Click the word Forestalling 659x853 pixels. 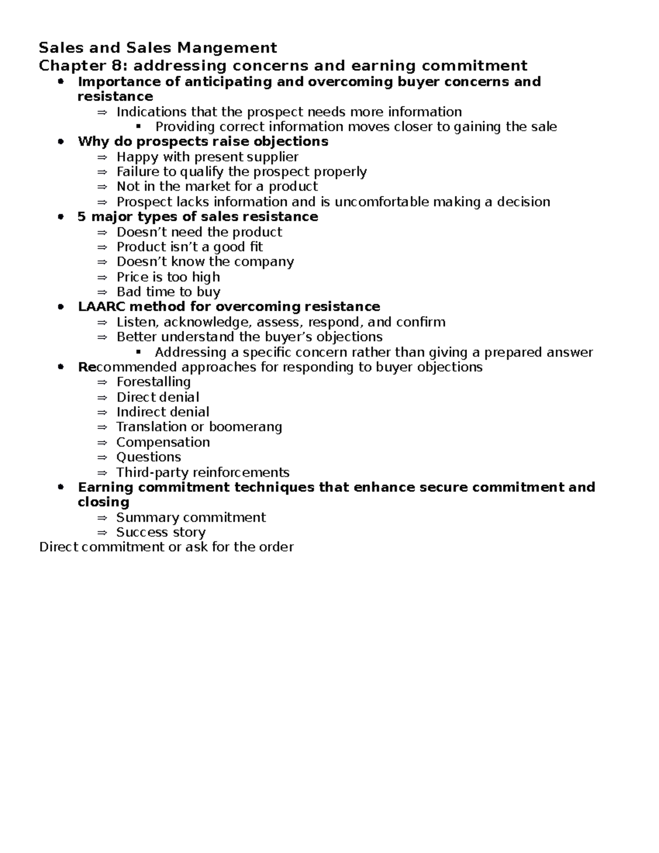(153, 382)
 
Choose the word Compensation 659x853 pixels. (163, 442)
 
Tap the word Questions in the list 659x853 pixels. (148, 457)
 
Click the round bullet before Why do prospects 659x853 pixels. (61, 142)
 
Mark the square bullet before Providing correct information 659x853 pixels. (138, 126)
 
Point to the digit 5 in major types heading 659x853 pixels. (82, 216)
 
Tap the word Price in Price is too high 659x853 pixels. (132, 277)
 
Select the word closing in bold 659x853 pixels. (103, 502)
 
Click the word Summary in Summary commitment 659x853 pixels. (147, 517)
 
